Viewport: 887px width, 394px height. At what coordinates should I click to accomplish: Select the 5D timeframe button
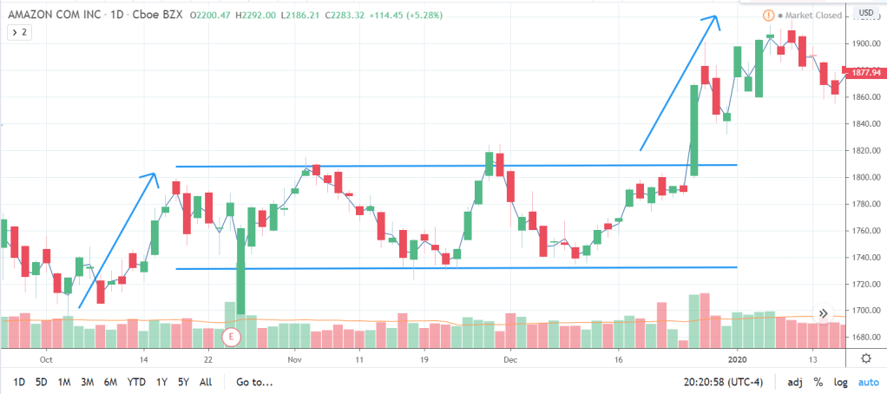[41, 382]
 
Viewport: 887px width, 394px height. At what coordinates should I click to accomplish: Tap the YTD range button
[135, 382]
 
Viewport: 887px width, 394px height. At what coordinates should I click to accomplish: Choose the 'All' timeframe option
[205, 382]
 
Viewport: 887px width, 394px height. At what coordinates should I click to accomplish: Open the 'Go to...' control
[254, 382]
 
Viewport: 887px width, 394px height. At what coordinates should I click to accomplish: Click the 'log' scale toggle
[841, 382]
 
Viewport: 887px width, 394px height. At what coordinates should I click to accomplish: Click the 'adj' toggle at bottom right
[795, 382]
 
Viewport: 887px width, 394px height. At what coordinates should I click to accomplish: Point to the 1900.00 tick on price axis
[866, 43]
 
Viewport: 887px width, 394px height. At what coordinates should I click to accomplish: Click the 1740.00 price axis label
[866, 258]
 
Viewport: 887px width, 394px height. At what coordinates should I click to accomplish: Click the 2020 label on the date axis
[737, 358]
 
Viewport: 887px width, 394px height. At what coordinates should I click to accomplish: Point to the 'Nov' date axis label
[294, 358]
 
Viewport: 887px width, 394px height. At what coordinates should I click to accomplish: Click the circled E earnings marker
[231, 336]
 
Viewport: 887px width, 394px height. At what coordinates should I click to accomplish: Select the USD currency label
[865, 12]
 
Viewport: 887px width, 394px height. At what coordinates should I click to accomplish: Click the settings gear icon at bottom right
[865, 358]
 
